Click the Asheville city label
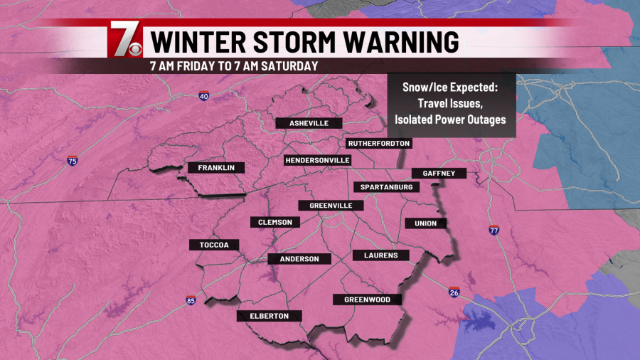[309, 123]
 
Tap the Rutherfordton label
[378, 143]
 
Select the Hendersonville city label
[317, 160]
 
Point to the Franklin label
[216, 168]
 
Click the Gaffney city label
[439, 173]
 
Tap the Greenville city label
[336, 206]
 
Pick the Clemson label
[275, 222]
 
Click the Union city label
[425, 223]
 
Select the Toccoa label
[213, 245]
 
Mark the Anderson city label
[299, 259]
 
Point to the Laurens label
[380, 255]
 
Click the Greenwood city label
[367, 300]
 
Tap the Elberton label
[270, 316]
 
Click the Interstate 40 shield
[204, 96]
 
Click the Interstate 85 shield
[191, 301]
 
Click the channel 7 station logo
[125, 41]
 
